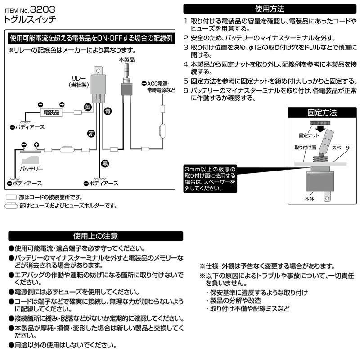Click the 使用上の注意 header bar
pyautogui.click(x=95, y=236)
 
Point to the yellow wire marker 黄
pyautogui.click(x=88, y=107)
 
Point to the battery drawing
pyautogui.click(x=31, y=157)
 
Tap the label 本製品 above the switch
pyautogui.click(x=126, y=59)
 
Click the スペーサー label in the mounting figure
pyautogui.click(x=343, y=147)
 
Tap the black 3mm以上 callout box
pyautogui.click(x=210, y=178)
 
